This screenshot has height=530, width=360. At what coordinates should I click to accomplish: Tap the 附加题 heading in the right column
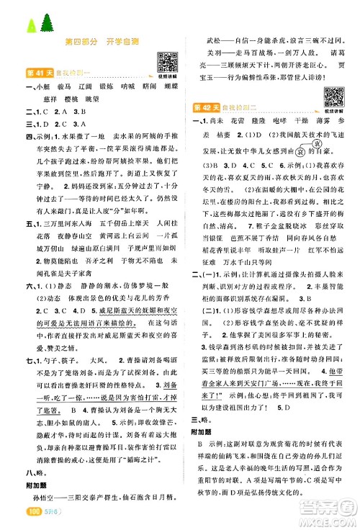click(205, 441)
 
